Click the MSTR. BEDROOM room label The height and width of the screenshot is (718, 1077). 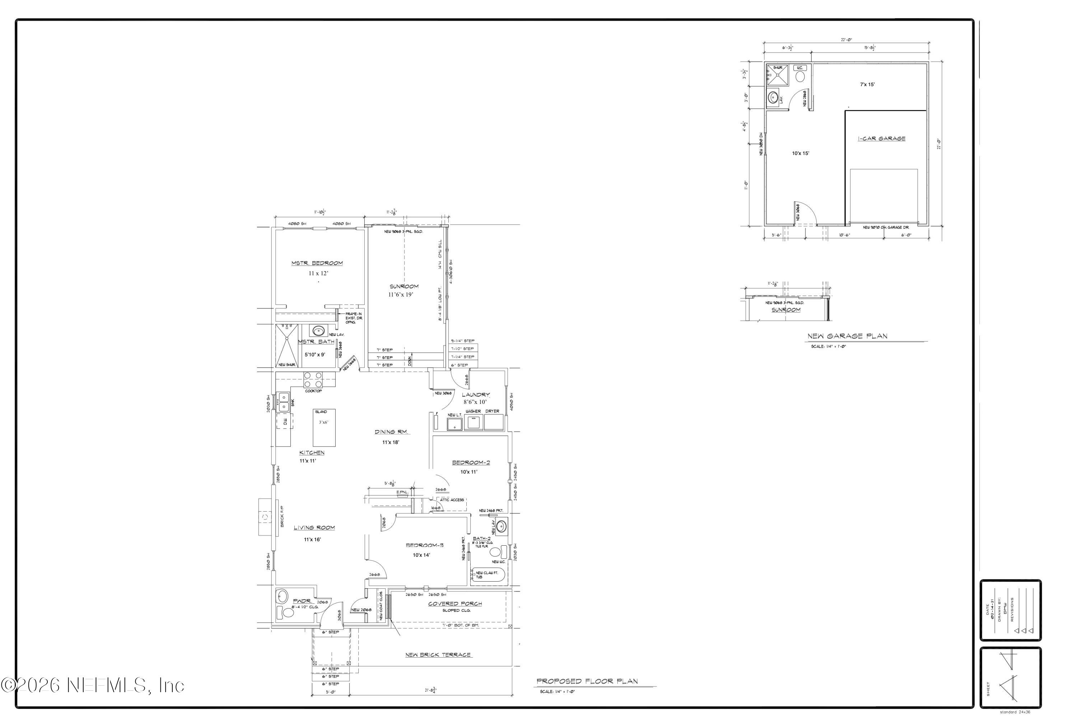coord(317,263)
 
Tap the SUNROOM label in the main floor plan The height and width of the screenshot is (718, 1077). coord(404,286)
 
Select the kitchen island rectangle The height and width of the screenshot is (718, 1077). coord(324,427)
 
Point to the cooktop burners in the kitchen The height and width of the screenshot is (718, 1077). coord(313,379)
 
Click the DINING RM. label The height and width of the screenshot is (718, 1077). coord(392,432)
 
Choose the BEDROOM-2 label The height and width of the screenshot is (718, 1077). coord(471,462)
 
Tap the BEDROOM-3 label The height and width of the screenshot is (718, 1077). coord(424,545)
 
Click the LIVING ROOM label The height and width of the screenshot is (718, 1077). coord(314,527)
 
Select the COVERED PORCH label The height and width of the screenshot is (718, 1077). coord(455,603)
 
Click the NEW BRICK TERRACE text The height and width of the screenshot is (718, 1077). coord(438,655)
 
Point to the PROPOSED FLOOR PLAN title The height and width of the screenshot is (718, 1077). coord(587,681)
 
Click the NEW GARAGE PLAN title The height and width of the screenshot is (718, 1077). coord(847,336)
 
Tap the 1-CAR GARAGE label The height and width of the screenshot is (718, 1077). coord(881,138)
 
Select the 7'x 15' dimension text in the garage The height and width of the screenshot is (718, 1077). coord(867,85)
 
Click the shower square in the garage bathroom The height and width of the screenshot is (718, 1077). coord(778,75)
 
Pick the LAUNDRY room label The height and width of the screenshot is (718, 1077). coord(475,395)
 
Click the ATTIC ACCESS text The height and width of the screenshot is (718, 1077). coord(452,500)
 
